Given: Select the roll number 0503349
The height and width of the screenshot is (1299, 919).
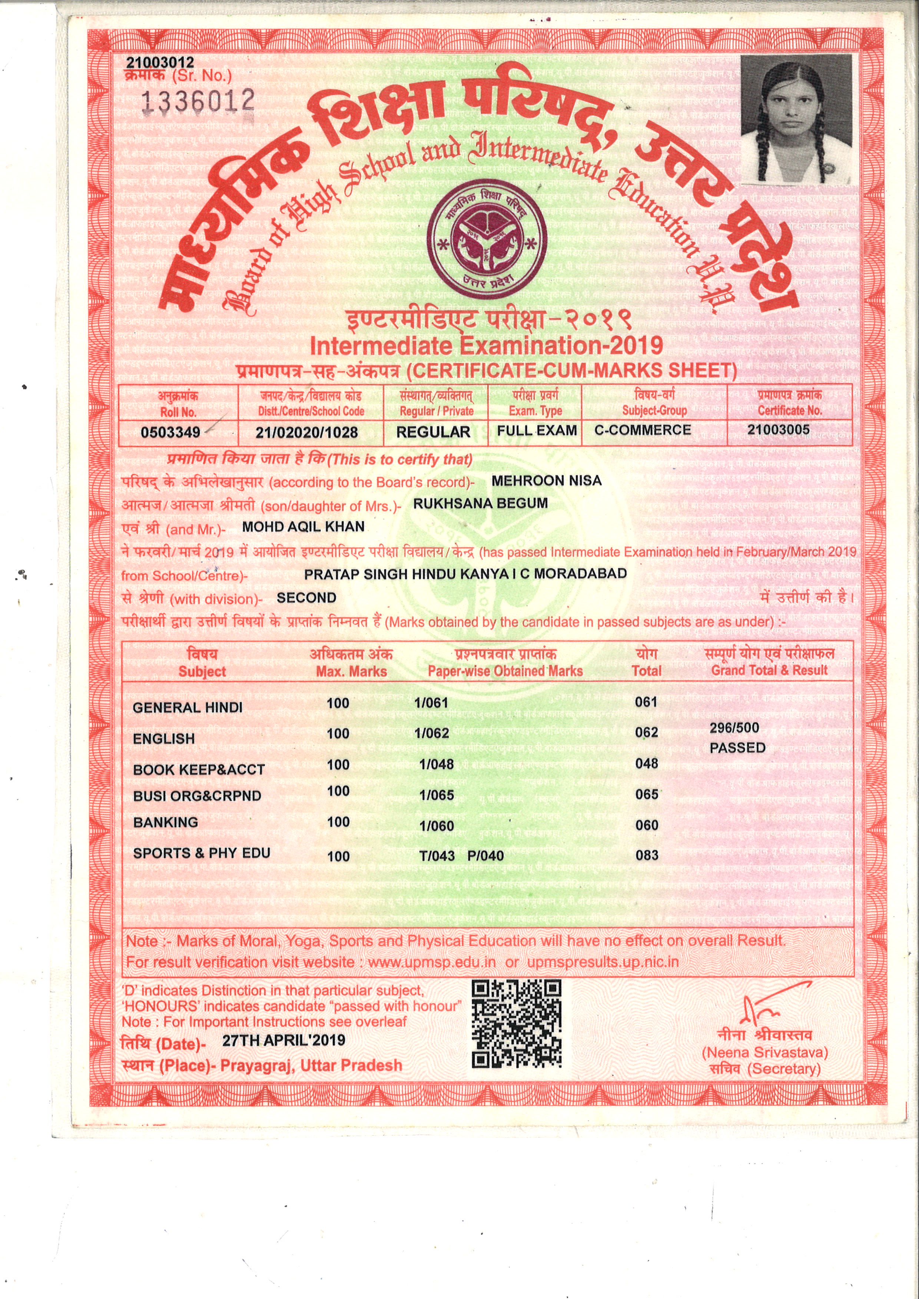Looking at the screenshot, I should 170,433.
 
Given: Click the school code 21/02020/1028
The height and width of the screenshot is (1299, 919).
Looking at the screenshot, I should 307,433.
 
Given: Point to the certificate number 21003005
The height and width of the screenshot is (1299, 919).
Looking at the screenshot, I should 778,429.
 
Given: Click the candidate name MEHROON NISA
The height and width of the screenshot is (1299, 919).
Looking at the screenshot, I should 546,481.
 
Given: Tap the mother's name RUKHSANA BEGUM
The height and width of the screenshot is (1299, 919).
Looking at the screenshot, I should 481,503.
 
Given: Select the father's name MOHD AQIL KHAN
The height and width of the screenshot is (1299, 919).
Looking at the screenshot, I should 303,527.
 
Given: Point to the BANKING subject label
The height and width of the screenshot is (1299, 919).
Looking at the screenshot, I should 165,822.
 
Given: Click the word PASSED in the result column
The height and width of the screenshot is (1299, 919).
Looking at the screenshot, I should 737,748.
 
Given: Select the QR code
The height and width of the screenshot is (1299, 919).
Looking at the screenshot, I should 516,1024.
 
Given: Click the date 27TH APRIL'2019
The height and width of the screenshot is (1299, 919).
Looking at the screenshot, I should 283,1040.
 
